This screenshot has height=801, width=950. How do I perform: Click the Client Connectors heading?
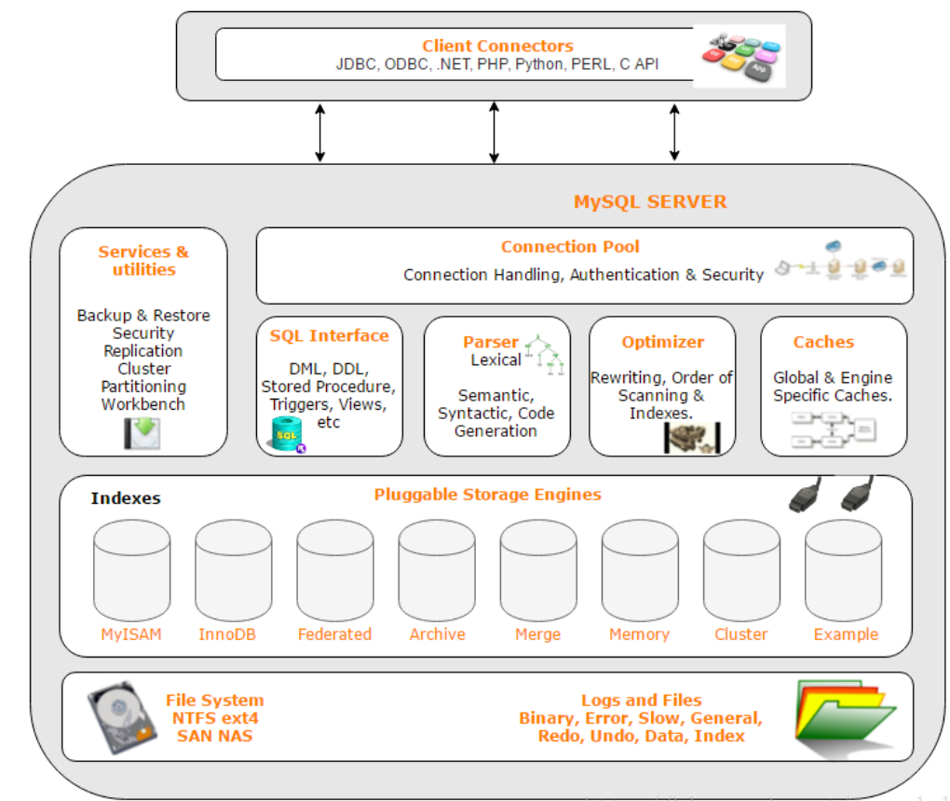pyautogui.click(x=497, y=46)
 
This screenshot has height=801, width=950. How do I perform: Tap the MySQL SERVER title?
pyautogui.click(x=650, y=202)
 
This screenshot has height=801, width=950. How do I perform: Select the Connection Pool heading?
pyautogui.click(x=570, y=247)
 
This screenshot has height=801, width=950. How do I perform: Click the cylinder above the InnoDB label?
pyautogui.click(x=233, y=570)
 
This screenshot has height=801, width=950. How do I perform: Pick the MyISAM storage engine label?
pyautogui.click(x=131, y=634)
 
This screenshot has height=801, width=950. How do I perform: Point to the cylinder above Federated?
pyautogui.click(x=334, y=570)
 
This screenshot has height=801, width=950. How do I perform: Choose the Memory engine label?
pyautogui.click(x=639, y=634)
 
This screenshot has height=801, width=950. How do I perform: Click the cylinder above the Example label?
pyautogui.click(x=843, y=570)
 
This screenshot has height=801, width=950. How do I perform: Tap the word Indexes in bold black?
pyautogui.click(x=126, y=498)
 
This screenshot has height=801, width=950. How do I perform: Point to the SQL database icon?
pyautogui.click(x=287, y=435)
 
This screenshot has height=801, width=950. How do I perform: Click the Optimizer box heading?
pyautogui.click(x=663, y=342)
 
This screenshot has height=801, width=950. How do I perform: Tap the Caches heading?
pyautogui.click(x=823, y=342)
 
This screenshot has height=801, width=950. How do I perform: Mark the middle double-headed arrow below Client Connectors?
pyautogui.click(x=494, y=132)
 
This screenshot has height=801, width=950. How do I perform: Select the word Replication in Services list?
pyautogui.click(x=143, y=351)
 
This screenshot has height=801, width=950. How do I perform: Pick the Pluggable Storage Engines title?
pyautogui.click(x=487, y=495)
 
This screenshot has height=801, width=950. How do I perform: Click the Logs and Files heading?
pyautogui.click(x=641, y=700)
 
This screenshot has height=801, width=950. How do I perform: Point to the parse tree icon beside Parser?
pyautogui.click(x=545, y=354)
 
